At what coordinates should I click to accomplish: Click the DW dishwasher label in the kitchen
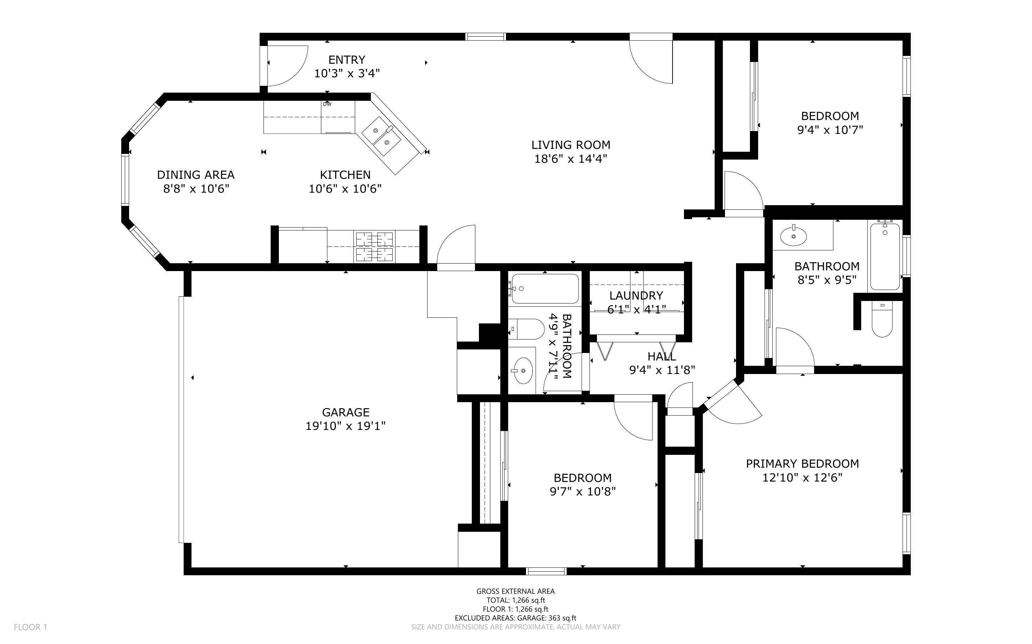click(327, 104)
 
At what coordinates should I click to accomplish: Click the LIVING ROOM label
click(571, 145)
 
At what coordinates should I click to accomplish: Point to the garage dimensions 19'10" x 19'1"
click(345, 426)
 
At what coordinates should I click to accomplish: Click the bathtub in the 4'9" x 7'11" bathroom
click(545, 289)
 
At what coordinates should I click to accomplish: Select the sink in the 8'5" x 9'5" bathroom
click(793, 236)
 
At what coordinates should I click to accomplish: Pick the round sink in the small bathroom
click(523, 370)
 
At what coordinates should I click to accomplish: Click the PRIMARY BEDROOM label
click(802, 464)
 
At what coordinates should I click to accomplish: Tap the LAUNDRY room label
click(636, 296)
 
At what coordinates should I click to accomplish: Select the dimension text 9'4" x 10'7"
click(830, 130)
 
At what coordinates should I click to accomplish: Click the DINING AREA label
click(196, 175)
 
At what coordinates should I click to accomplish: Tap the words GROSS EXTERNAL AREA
click(515, 591)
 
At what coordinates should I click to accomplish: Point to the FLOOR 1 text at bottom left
click(30, 627)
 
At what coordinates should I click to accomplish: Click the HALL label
click(661, 356)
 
